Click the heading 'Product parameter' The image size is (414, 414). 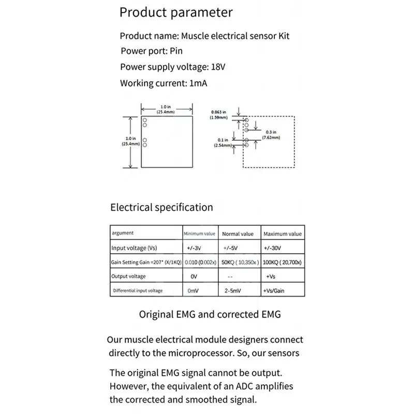click(x=176, y=12)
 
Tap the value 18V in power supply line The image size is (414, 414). click(x=218, y=67)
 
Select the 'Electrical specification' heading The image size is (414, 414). click(x=161, y=208)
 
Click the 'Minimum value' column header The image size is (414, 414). click(x=199, y=234)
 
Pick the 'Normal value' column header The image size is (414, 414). click(x=238, y=234)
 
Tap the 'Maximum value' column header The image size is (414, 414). click(x=283, y=234)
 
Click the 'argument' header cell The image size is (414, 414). click(x=122, y=233)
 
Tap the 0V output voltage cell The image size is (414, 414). click(x=195, y=276)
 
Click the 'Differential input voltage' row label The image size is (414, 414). click(x=138, y=291)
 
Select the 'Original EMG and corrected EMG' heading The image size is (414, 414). click(x=210, y=314)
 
